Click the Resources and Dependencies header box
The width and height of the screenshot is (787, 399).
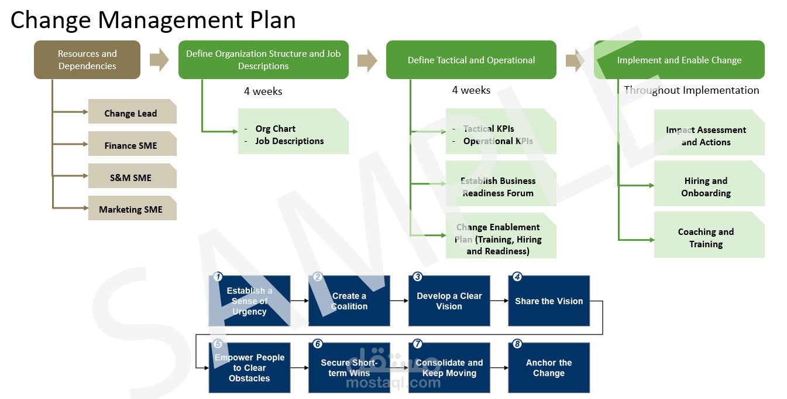[x=87, y=60]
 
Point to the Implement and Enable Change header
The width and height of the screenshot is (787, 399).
[x=679, y=60]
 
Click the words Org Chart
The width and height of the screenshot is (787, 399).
[x=275, y=129]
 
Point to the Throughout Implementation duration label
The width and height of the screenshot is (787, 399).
[x=691, y=90]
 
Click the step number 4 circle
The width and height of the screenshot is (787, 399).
[x=517, y=277]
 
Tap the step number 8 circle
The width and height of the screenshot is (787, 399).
[x=517, y=344]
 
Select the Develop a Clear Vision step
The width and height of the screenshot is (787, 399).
[x=449, y=301]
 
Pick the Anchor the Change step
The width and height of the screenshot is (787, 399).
[x=549, y=368]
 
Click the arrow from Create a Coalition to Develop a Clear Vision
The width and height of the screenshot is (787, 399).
[x=399, y=301]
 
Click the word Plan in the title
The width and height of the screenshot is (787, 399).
[x=270, y=20]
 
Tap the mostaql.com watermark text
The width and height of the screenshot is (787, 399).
[x=393, y=383]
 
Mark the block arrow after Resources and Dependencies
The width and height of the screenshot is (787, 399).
[x=159, y=60]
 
